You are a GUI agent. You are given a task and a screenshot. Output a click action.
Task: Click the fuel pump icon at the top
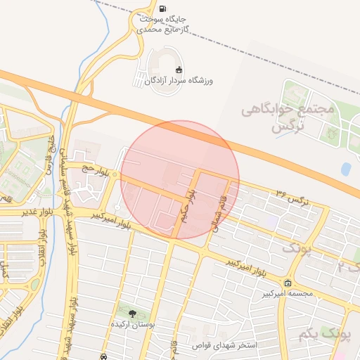164,10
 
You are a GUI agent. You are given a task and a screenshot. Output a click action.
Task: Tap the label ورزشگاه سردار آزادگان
179,81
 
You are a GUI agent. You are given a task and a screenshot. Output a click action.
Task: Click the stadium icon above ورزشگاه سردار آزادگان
179,69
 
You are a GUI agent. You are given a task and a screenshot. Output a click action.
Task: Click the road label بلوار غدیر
20,212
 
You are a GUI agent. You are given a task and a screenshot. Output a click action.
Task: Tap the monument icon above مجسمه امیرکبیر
287,283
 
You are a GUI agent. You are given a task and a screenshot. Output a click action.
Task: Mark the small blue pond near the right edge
345,169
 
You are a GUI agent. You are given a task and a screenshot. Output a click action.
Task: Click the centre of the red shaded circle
180,180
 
